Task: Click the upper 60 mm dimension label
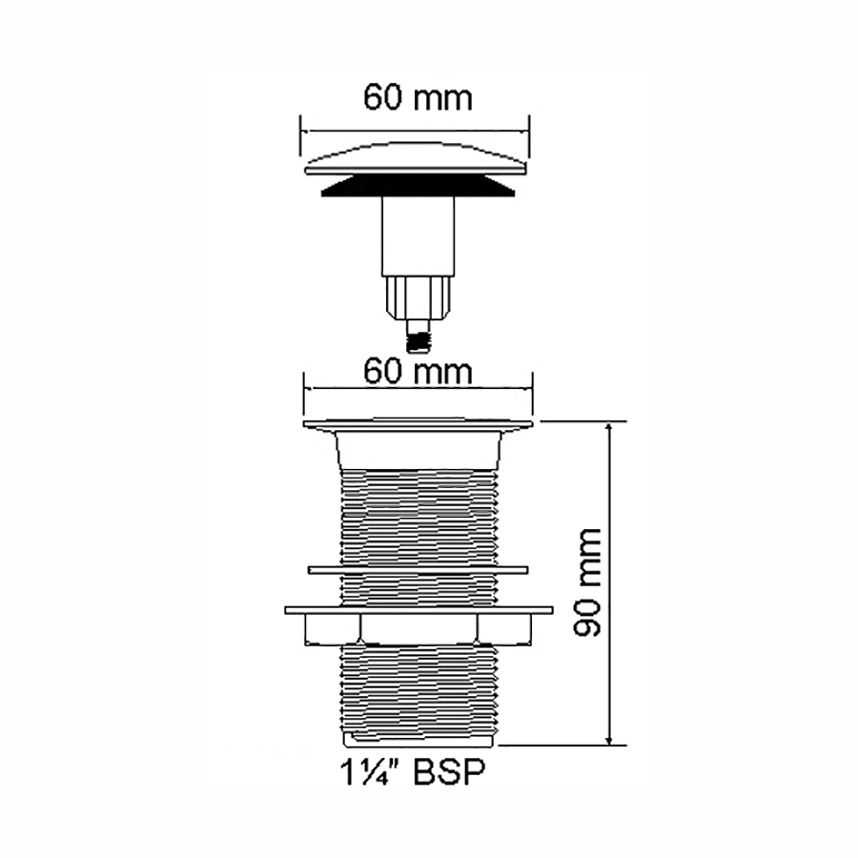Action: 418,98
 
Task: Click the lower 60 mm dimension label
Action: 418,372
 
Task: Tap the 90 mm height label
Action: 587,582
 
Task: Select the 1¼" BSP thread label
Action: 413,771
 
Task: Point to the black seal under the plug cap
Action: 418,186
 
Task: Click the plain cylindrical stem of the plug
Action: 419,235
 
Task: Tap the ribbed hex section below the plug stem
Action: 419,298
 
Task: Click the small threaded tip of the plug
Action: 419,336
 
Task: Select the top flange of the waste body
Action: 419,425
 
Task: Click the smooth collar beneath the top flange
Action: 419,450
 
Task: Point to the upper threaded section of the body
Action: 419,517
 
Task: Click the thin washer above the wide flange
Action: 419,570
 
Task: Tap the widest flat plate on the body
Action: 419,609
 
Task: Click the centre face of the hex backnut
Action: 419,628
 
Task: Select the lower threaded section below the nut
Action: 419,688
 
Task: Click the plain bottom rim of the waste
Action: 420,739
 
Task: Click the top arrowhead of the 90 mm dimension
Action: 609,427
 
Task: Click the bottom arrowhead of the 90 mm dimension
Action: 609,739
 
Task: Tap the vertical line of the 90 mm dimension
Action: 609,583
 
